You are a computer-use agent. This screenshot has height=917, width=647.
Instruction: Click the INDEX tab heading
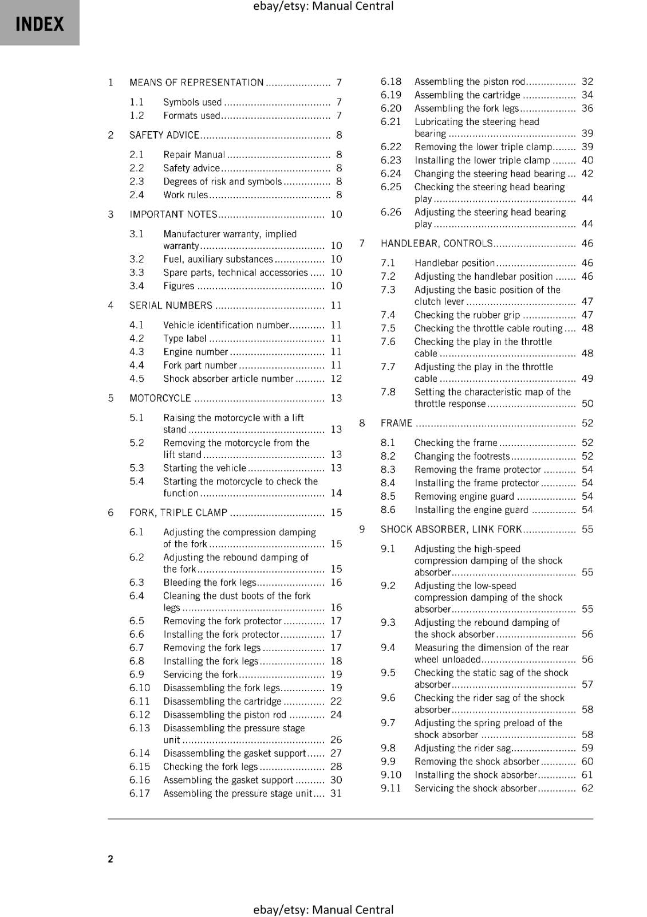click(x=40, y=24)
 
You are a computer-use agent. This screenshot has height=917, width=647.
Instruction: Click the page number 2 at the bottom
click(x=111, y=859)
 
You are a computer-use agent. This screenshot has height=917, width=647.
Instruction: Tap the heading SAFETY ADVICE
click(x=164, y=135)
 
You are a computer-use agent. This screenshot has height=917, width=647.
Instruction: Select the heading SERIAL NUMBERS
click(x=171, y=305)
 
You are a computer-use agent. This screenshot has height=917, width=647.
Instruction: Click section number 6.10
click(x=139, y=688)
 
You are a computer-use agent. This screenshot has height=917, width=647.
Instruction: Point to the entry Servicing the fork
click(x=200, y=675)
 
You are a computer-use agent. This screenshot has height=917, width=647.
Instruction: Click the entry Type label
click(x=184, y=339)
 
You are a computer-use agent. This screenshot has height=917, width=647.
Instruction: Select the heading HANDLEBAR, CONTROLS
click(x=436, y=244)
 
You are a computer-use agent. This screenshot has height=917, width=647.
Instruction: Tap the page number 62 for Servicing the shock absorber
click(x=587, y=788)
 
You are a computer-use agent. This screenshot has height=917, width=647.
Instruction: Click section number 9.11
click(x=391, y=788)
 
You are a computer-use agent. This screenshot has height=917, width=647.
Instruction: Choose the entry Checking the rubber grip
click(x=467, y=315)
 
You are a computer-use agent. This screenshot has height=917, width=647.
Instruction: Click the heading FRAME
click(x=396, y=424)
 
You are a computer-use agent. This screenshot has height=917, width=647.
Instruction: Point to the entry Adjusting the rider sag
click(x=462, y=748)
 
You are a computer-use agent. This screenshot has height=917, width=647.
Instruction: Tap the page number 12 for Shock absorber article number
click(x=336, y=379)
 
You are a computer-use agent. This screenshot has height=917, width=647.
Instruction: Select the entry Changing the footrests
click(x=461, y=456)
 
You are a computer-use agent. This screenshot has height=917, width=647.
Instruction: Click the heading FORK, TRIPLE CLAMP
click(x=178, y=513)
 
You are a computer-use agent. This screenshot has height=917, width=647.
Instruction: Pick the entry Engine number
click(x=195, y=352)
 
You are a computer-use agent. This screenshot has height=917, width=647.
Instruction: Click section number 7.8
click(x=388, y=392)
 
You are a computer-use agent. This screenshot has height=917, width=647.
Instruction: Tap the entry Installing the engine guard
click(x=471, y=510)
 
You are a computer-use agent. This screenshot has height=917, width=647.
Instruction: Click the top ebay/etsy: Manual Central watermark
click(x=323, y=6)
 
